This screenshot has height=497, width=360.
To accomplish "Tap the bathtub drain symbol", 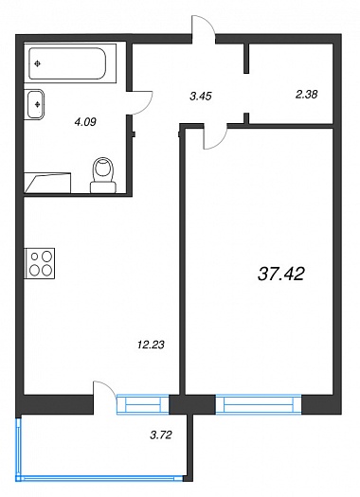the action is tap(38, 64).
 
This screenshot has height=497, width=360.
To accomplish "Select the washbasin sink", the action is tap(34, 104).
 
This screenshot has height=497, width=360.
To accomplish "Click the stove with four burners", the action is tap(40, 263).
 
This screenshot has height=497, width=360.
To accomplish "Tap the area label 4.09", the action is tap(85, 122).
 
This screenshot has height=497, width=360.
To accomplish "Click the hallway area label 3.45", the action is tap(201, 96).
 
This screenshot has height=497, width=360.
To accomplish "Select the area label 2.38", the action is tap(306, 94).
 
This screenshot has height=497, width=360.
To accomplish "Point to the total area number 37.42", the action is tap(281, 274).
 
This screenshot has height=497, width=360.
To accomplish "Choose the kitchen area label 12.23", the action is tap(151, 345).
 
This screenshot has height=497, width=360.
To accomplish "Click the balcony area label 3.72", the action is tap(161, 435).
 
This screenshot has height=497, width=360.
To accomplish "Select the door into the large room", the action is tap(215, 138).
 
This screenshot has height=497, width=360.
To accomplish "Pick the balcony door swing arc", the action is tap(107, 386).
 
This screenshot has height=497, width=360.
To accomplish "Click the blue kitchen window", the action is tap(143, 404).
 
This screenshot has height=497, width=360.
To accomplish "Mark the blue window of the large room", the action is tap(259, 404).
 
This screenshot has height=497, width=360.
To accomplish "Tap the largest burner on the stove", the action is tap(47, 270).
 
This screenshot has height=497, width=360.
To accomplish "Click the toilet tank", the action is tap(103, 187).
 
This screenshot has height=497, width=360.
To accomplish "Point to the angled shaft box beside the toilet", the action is tap(47, 183).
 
